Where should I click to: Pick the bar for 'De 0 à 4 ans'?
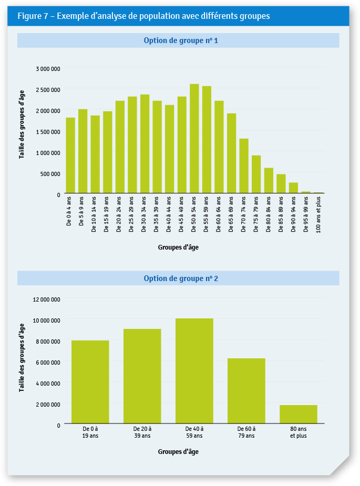[x=70, y=155]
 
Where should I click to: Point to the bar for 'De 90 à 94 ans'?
[x=293, y=188]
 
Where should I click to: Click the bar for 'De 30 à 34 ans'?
[x=145, y=143]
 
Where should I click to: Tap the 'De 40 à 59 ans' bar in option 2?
[x=194, y=371]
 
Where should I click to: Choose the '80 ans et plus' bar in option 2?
[x=298, y=414]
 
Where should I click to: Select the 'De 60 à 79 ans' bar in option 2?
[x=246, y=391]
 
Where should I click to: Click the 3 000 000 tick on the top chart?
[x=48, y=69]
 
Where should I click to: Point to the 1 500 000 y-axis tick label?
[x=48, y=132]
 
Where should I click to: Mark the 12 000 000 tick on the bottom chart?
[x=47, y=299]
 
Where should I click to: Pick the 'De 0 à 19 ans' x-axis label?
[x=90, y=432]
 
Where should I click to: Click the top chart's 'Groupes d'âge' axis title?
[x=178, y=246]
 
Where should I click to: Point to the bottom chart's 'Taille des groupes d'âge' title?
[x=22, y=358]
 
